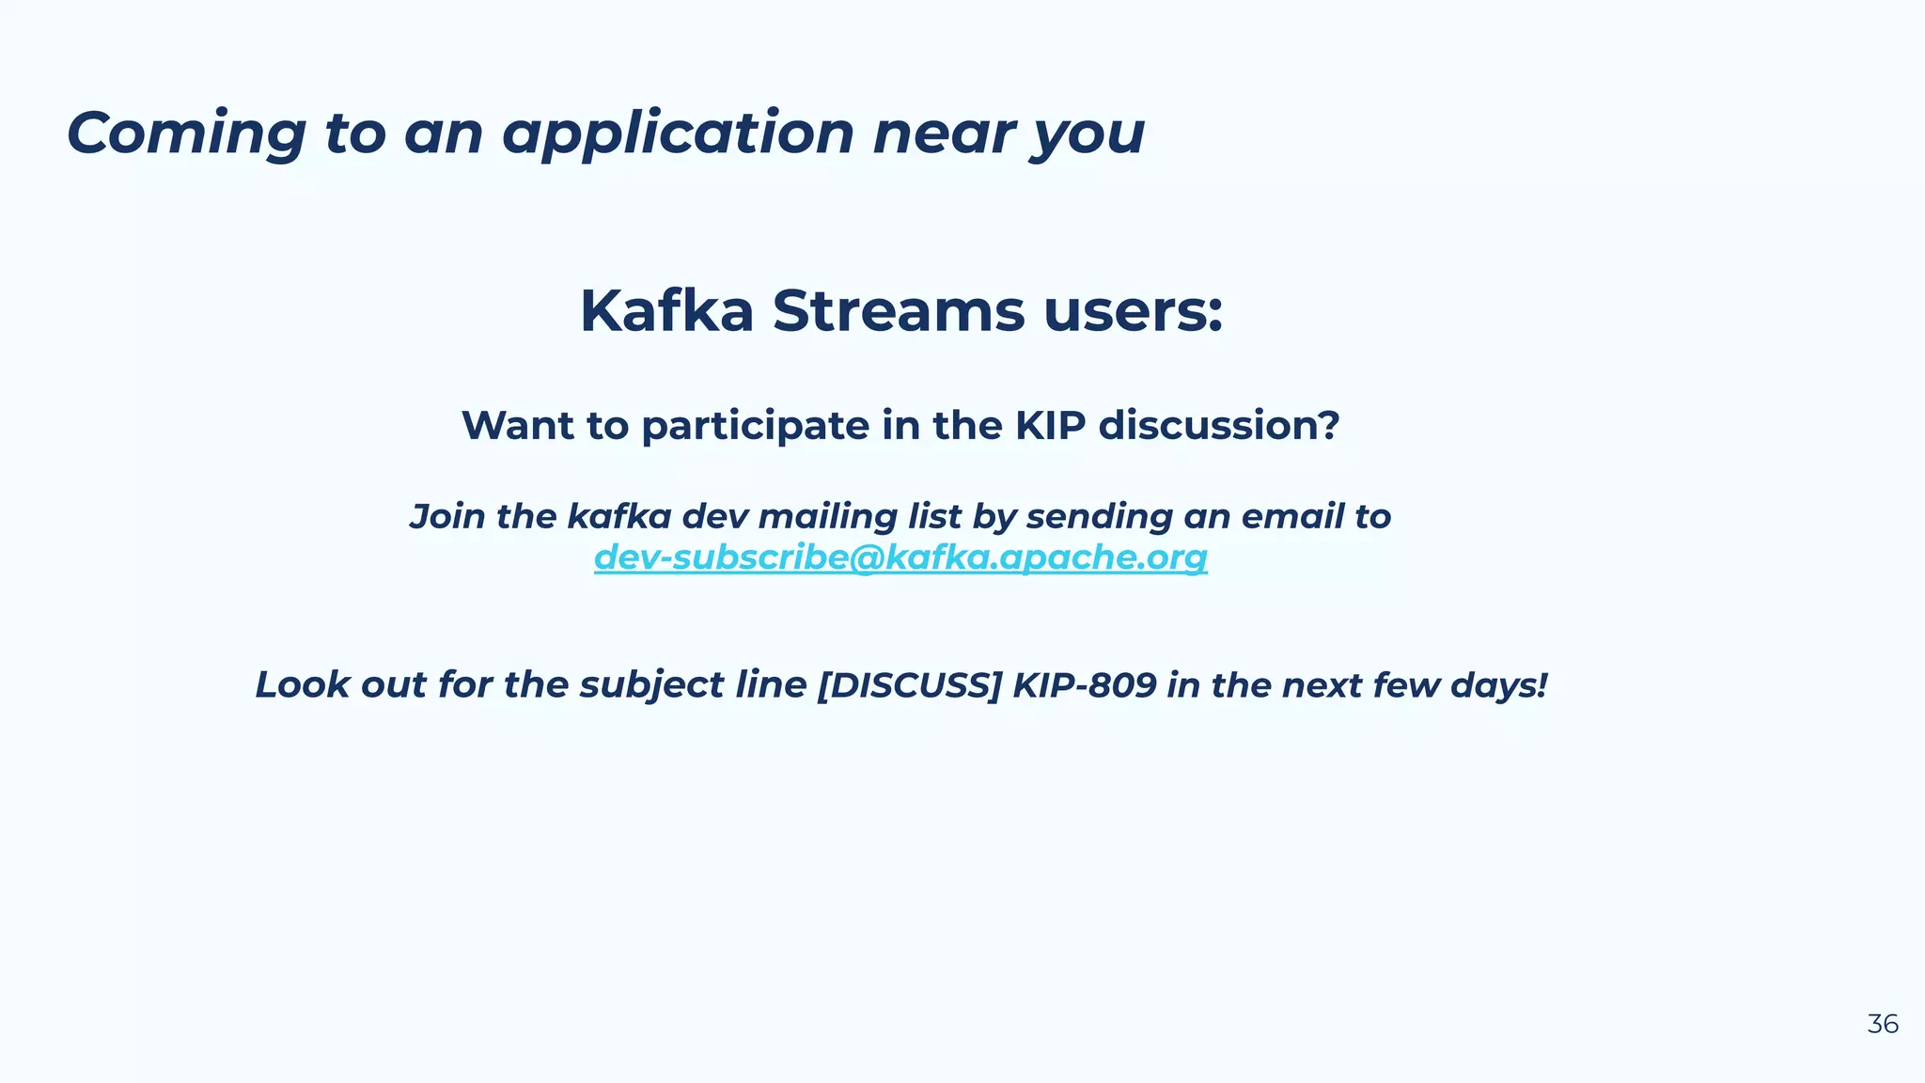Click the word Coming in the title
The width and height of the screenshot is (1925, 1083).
point(186,133)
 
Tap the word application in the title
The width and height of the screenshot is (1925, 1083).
point(678,133)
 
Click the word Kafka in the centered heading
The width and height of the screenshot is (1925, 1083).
point(666,311)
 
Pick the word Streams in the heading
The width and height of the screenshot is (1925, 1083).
point(898,311)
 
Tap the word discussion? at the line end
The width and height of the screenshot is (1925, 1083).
point(1219,426)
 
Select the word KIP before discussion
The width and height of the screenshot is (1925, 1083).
point(1050,426)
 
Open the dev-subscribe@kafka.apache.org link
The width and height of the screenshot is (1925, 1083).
point(900,557)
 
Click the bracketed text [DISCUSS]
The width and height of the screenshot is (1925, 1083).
point(909,684)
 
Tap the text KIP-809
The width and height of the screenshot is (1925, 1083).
point(1084,684)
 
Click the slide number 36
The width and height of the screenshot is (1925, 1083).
point(1882,1024)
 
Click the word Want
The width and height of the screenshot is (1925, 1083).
point(518,426)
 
